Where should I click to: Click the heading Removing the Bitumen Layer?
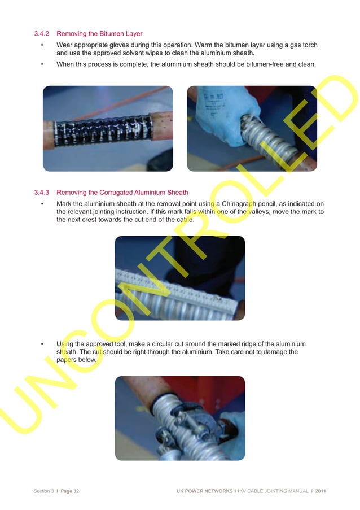pyautogui.click(x=99, y=34)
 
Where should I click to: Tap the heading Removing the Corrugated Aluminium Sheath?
pyautogui.click(x=122, y=193)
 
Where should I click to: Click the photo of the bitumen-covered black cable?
pyautogui.click(x=108, y=128)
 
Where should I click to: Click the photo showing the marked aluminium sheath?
pyautogui.click(x=179, y=278)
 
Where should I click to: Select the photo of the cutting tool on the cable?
pyautogui.click(x=179, y=418)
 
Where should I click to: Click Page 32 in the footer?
pyautogui.click(x=69, y=491)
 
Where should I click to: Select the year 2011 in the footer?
pyautogui.click(x=320, y=491)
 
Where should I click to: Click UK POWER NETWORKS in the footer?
pyautogui.click(x=204, y=491)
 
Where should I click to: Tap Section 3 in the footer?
pyautogui.click(x=43, y=491)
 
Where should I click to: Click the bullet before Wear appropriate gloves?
pyautogui.click(x=42, y=45)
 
